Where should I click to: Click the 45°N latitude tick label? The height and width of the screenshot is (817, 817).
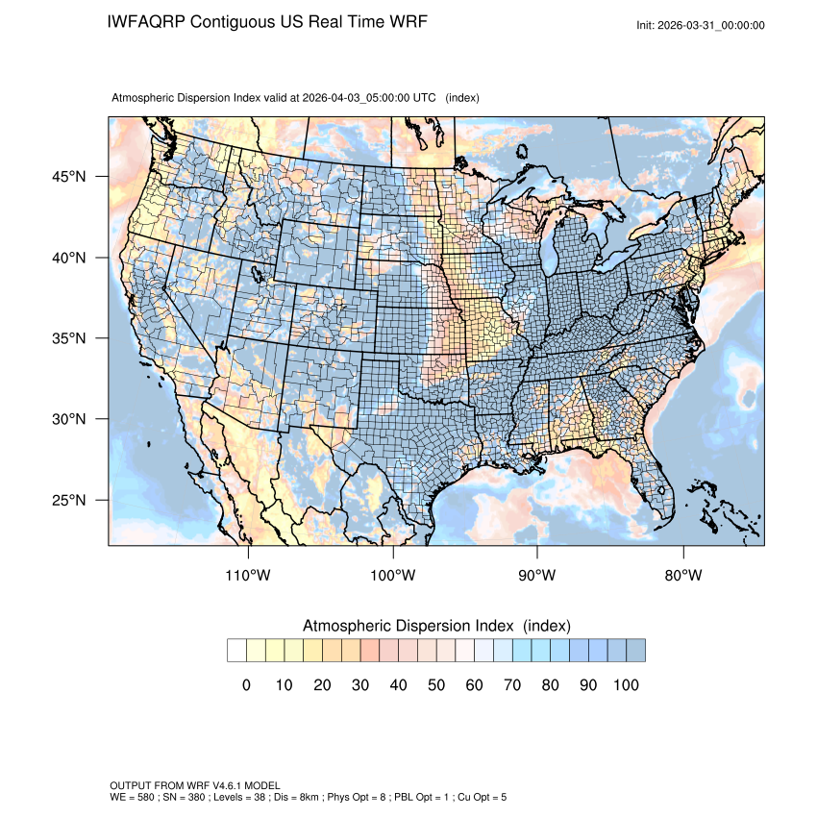click(69, 177)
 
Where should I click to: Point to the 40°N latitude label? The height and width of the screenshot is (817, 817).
click(69, 258)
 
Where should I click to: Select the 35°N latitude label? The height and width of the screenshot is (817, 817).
click(69, 338)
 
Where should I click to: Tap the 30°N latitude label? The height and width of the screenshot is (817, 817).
click(69, 419)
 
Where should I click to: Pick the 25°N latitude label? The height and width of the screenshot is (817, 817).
click(69, 500)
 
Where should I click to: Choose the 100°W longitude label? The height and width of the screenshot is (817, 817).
click(393, 575)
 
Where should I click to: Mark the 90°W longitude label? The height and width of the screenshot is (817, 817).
click(537, 575)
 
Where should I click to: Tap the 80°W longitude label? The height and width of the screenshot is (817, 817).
click(682, 575)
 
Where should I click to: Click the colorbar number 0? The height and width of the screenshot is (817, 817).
click(246, 684)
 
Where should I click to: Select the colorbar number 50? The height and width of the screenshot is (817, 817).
click(436, 684)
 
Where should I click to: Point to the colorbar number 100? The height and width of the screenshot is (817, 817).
click(625, 684)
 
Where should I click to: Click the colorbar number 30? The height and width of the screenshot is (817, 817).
click(360, 684)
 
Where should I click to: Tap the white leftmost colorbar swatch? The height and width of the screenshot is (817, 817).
click(236, 651)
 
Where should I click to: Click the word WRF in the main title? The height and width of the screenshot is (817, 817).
click(404, 22)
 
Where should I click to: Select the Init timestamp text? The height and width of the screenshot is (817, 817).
click(701, 25)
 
